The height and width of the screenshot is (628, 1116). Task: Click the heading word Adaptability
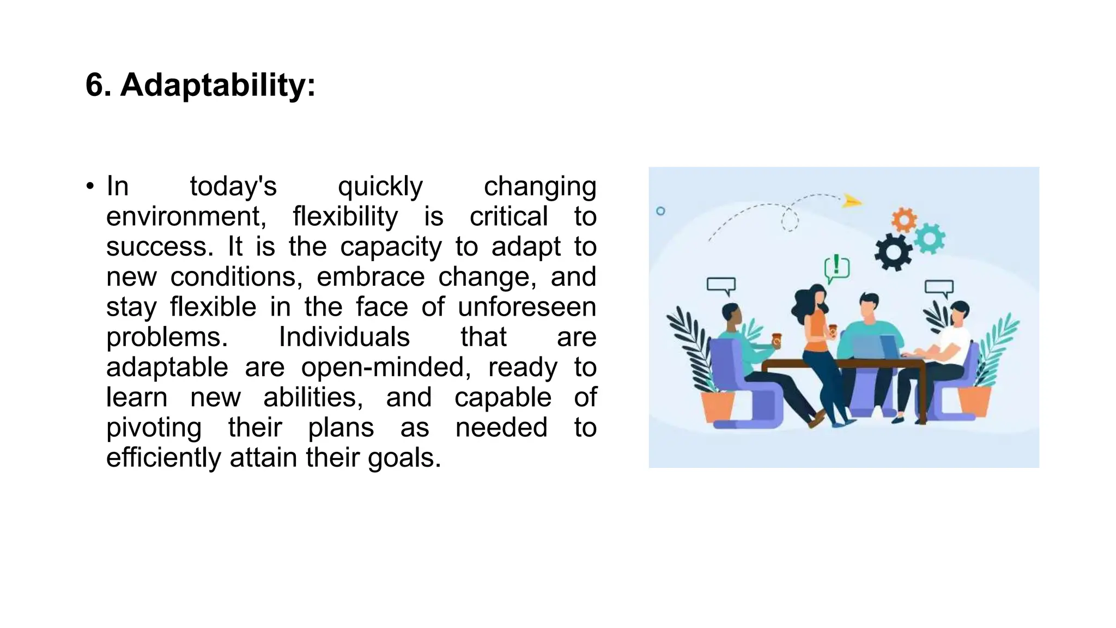(x=217, y=86)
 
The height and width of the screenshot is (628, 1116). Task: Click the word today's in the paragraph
(x=233, y=186)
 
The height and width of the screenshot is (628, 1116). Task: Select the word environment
(x=186, y=216)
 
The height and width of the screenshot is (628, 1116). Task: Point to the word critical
(x=508, y=216)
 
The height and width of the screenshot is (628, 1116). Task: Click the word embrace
(x=371, y=277)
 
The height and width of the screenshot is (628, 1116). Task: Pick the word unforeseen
(x=527, y=307)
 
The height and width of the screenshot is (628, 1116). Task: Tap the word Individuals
(x=344, y=337)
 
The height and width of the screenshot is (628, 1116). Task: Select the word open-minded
(x=386, y=367)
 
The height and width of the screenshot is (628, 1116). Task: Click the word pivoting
(x=154, y=427)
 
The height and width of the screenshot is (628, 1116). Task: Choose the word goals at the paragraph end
(x=404, y=457)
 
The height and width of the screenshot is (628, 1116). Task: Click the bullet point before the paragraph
(x=90, y=186)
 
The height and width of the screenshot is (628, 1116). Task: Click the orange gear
(x=904, y=220)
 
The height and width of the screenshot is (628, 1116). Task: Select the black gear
(x=893, y=252)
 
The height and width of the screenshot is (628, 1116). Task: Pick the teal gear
(x=929, y=238)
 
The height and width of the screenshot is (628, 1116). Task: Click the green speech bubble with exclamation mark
(x=836, y=268)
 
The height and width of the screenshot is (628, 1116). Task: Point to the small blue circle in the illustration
(x=660, y=211)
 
